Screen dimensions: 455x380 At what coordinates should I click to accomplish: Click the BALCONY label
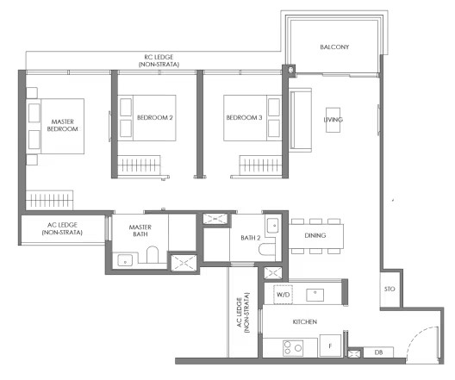(x=334, y=47)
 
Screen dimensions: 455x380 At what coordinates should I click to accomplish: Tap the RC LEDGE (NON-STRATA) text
(x=159, y=60)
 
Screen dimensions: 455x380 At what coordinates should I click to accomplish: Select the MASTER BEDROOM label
(x=62, y=125)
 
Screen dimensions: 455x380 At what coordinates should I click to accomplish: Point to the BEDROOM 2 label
(x=154, y=117)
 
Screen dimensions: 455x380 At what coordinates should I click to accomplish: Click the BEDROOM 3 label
(x=244, y=117)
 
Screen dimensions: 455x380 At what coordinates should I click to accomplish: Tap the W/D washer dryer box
(x=283, y=295)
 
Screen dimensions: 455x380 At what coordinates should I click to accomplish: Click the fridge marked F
(x=330, y=346)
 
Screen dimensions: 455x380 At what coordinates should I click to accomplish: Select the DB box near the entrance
(x=378, y=352)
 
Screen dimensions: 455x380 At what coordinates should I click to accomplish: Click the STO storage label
(x=390, y=289)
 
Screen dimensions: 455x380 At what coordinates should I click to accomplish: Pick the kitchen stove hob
(x=293, y=348)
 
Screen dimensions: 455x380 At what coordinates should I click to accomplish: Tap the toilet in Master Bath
(x=153, y=255)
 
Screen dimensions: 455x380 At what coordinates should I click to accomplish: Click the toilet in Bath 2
(x=266, y=250)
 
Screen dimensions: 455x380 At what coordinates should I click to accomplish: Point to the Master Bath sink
(x=125, y=260)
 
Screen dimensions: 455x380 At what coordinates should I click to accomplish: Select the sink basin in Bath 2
(x=273, y=225)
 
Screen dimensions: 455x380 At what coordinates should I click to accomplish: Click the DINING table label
(x=315, y=235)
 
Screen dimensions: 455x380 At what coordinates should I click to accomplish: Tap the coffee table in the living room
(x=333, y=120)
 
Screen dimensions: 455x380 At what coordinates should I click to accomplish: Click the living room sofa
(x=301, y=120)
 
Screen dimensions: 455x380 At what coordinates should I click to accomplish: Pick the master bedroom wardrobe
(x=49, y=200)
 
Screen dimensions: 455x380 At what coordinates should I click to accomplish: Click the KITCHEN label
(x=305, y=321)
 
